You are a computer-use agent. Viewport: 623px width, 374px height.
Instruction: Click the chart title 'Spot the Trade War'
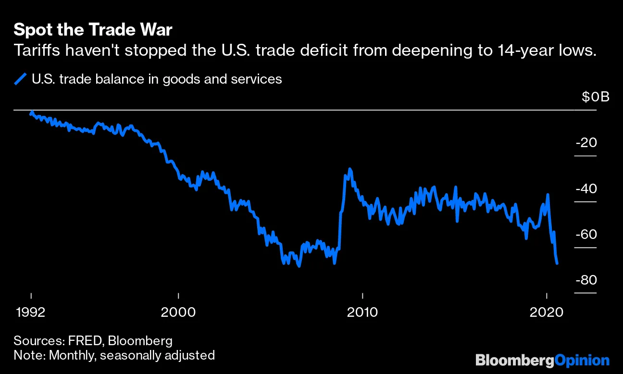click(93, 30)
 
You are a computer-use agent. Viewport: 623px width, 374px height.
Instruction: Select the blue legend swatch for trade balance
click(20, 79)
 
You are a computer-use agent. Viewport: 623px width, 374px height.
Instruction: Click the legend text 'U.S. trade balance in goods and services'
click(157, 79)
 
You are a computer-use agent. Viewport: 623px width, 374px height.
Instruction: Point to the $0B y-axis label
click(595, 97)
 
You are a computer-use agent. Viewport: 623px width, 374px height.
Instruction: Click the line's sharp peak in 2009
click(350, 169)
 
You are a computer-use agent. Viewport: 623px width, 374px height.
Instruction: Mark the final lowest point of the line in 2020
click(557, 263)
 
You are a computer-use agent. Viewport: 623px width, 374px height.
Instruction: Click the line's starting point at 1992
click(31, 113)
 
